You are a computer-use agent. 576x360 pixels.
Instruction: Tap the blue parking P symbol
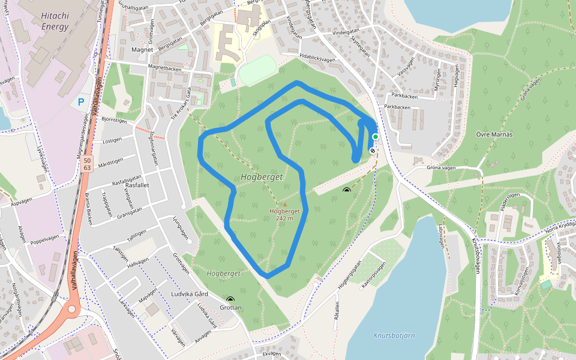coord(81,103)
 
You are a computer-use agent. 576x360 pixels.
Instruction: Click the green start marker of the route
coord(375,137)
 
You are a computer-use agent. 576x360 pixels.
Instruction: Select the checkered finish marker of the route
coord(373,151)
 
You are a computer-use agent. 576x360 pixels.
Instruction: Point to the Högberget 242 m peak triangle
coord(284,205)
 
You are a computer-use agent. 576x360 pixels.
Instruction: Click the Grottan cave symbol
coord(230,299)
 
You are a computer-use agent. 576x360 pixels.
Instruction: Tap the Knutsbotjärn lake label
coord(394,335)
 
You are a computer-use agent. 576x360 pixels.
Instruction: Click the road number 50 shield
coord(88,160)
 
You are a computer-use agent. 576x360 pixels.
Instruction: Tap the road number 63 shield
coord(88,167)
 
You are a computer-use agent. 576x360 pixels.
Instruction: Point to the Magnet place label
coord(142,50)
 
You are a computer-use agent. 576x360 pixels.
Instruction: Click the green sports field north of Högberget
coord(257,71)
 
